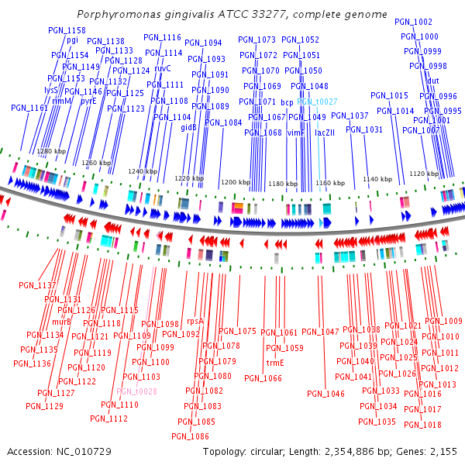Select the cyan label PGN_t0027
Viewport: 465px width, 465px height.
coord(316,102)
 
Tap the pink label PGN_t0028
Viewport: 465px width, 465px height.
coord(136,391)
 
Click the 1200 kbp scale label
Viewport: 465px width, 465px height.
coord(236,183)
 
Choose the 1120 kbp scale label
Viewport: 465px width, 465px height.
coord(423,174)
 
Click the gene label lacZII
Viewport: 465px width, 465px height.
coord(325,133)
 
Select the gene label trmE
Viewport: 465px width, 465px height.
coord(275,363)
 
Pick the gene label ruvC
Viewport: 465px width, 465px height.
coord(163,68)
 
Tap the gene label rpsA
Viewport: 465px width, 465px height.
coord(195,321)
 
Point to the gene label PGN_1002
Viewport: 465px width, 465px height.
coord(413,22)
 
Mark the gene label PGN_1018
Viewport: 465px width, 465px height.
coord(422,425)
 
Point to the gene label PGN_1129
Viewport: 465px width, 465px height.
coord(44,406)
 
